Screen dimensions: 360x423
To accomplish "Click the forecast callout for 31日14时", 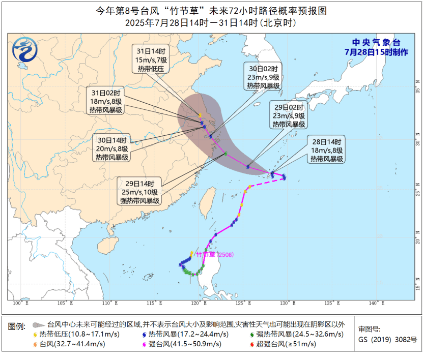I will point(151,60).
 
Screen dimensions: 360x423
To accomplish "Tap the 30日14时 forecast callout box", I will point(112,148).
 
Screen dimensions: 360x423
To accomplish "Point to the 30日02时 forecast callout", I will point(263,77).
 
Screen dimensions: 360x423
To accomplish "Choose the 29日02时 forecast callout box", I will point(288,116).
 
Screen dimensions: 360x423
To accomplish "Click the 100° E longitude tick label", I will point(20,303).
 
